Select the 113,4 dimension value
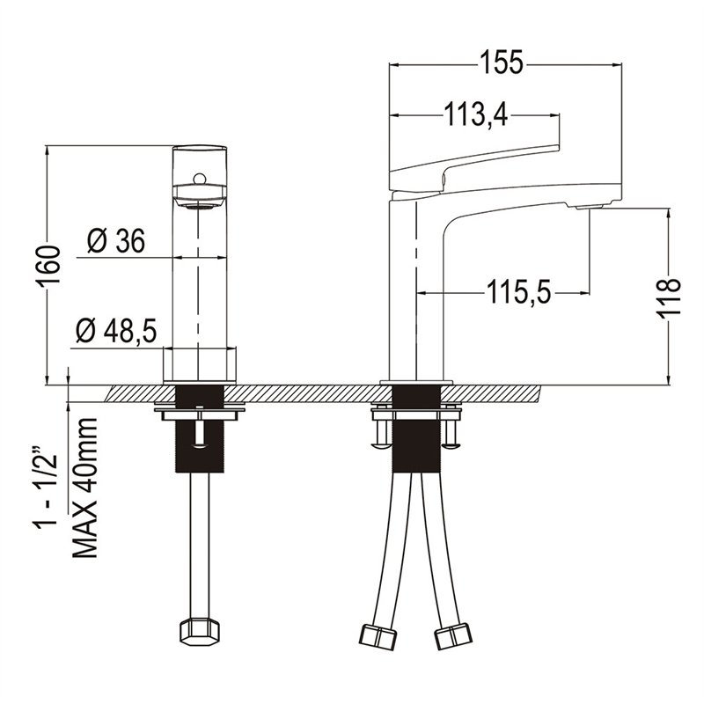tap(476, 115)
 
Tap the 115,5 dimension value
tap(519, 292)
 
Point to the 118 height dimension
tap(670, 298)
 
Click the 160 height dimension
tap(48, 267)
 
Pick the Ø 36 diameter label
tap(116, 241)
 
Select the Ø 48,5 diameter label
tap(116, 332)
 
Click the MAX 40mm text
tap(84, 488)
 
